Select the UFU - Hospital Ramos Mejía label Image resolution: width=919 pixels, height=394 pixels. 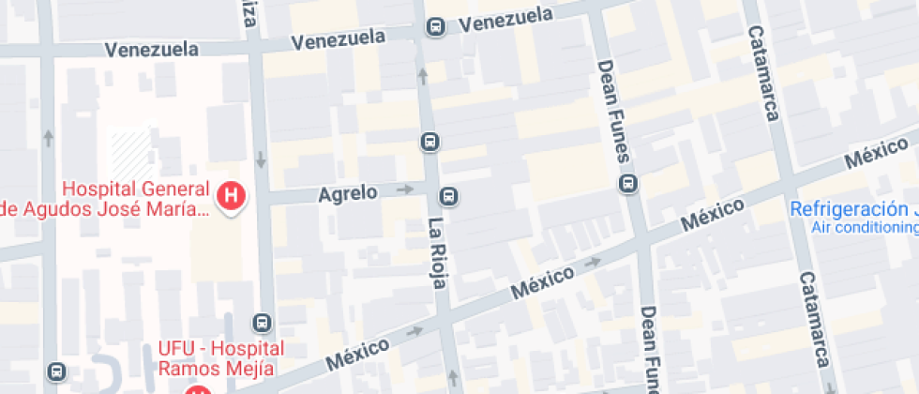pyautogui.click(x=220, y=357)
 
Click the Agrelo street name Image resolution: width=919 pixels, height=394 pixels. pyautogui.click(x=348, y=193)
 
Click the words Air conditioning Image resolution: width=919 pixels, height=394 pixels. pyautogui.click(x=864, y=227)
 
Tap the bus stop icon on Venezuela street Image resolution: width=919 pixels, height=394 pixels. pyautogui.click(x=435, y=27)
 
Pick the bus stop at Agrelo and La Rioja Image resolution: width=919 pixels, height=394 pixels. pyautogui.click(x=449, y=196)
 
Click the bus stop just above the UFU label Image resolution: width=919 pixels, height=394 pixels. pyautogui.click(x=263, y=323)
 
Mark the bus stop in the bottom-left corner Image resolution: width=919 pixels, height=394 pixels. pyautogui.click(x=58, y=371)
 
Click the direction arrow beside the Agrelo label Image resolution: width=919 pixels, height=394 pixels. pyautogui.click(x=404, y=189)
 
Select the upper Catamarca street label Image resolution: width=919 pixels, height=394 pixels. pyautogui.click(x=763, y=73)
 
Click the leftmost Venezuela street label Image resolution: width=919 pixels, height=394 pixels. pyautogui.click(x=151, y=49)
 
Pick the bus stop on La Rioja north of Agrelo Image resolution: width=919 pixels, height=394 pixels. pyautogui.click(x=429, y=143)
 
